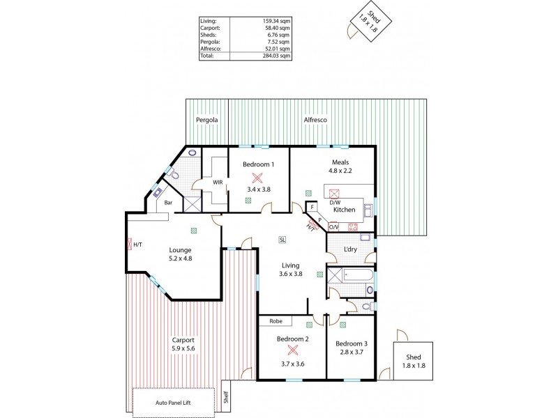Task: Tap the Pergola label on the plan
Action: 207,120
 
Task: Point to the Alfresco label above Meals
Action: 316,120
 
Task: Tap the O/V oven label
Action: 333,226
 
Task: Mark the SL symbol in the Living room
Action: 282,240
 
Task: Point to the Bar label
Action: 168,203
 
